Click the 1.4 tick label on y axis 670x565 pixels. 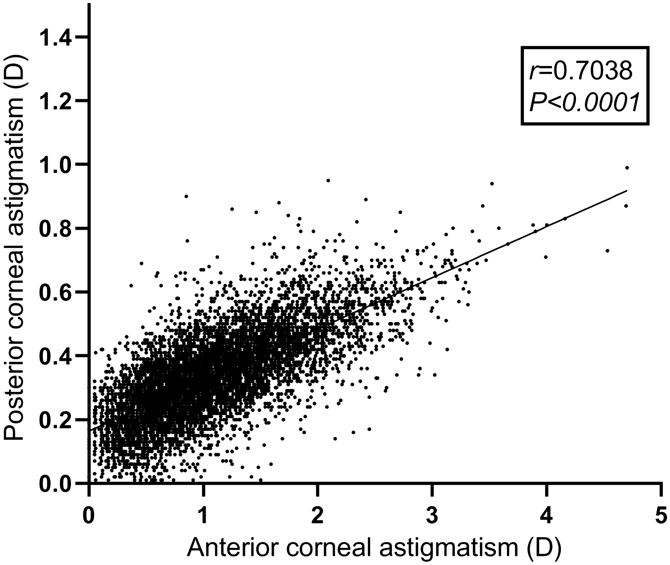[x=54, y=37]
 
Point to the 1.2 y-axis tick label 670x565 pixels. [x=54, y=101]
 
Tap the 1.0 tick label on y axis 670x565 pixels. [x=54, y=165]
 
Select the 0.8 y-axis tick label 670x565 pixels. [x=54, y=229]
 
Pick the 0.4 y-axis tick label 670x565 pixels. [x=54, y=356]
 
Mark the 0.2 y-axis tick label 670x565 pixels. [x=54, y=420]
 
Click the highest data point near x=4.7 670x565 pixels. [x=627, y=168]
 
